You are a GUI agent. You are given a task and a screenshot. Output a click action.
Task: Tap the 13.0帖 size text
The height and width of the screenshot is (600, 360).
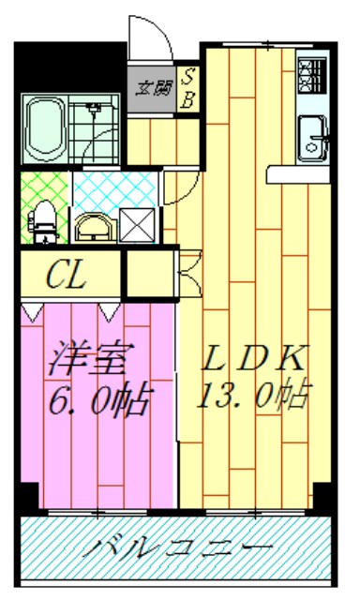tap(253, 397)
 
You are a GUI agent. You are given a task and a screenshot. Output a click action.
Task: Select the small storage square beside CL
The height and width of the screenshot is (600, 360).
tap(151, 273)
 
